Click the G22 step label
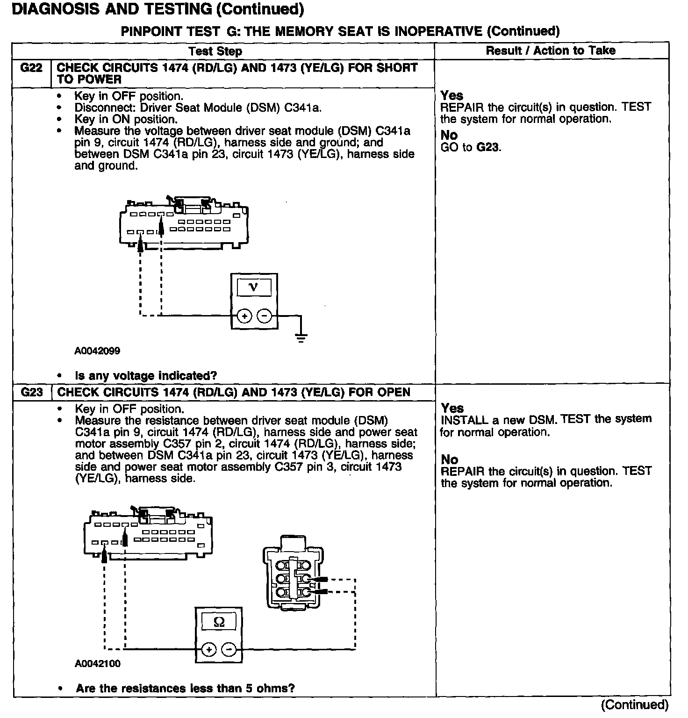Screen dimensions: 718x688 point(31,68)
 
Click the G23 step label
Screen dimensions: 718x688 point(31,392)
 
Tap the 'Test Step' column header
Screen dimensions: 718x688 point(215,51)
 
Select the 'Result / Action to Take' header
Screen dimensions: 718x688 point(551,50)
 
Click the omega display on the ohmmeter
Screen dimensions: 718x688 point(218,622)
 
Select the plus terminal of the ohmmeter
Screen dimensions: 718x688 point(208,650)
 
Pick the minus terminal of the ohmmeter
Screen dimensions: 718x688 point(229,650)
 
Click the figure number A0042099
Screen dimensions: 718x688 point(97,351)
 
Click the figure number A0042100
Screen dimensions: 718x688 point(97,663)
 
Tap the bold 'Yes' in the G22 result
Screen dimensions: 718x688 point(451,95)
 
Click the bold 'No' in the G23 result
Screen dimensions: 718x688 point(449,460)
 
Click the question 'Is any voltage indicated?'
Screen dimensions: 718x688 point(146,376)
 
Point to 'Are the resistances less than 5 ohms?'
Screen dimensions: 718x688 point(185,688)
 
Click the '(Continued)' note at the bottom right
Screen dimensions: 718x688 point(634,704)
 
